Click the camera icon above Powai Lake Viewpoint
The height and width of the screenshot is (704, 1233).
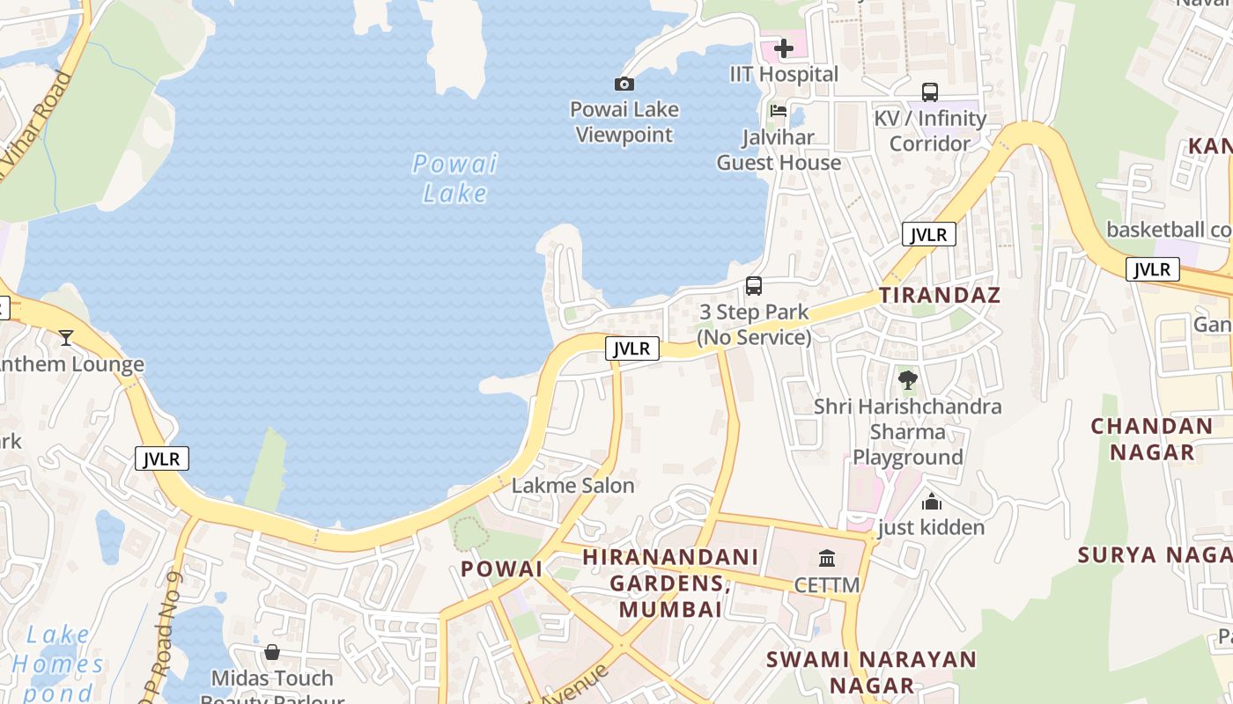tap(624, 84)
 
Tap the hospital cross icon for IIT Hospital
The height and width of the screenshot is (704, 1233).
tap(784, 48)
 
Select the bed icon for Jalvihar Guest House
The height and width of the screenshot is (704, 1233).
tap(779, 111)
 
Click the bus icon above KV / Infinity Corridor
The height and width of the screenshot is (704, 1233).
tap(930, 92)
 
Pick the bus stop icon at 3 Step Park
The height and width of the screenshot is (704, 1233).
tap(754, 285)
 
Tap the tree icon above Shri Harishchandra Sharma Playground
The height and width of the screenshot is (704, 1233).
tap(907, 380)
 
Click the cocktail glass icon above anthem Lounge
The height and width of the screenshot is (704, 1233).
tap(65, 337)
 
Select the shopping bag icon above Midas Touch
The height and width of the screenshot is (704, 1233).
tap(272, 652)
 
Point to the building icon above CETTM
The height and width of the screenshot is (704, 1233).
tap(827, 559)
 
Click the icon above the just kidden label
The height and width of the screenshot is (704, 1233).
tap(932, 502)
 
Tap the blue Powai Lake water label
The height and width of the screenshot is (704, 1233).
tap(455, 178)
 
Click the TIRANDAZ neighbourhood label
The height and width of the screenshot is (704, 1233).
tap(940, 295)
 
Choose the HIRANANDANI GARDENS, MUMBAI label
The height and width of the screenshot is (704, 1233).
tap(671, 582)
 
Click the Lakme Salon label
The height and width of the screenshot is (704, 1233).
tap(572, 486)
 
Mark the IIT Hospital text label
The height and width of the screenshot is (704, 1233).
tap(784, 75)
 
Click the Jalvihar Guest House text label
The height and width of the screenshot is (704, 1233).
tap(779, 150)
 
